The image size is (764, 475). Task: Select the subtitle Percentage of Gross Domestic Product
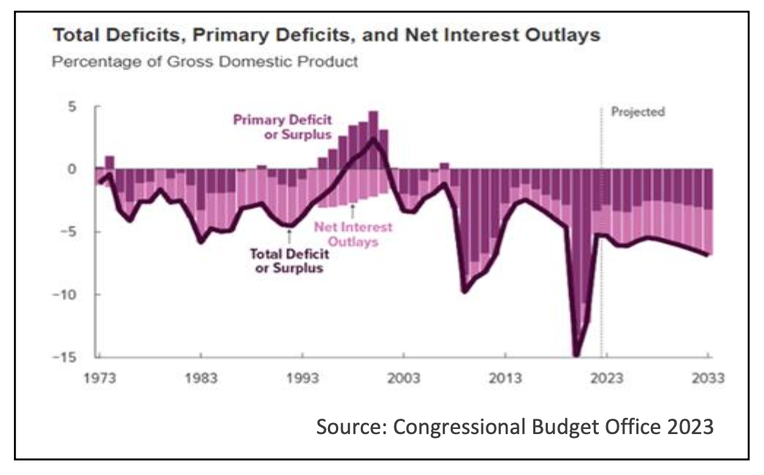click(x=205, y=61)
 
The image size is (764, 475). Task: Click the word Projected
click(x=638, y=113)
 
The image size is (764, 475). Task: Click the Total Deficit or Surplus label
click(x=289, y=261)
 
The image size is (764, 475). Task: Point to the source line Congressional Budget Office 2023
click(x=514, y=426)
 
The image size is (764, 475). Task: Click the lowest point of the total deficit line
click(x=576, y=356)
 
